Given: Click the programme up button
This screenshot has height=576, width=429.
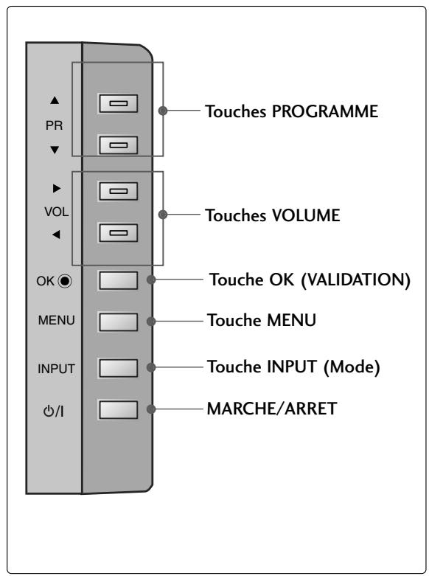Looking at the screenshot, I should (x=118, y=105).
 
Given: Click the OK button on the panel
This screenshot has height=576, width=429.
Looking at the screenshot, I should (x=118, y=280).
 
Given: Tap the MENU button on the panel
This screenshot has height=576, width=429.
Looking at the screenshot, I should (x=118, y=322).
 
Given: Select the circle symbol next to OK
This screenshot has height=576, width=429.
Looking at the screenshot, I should (x=66, y=280).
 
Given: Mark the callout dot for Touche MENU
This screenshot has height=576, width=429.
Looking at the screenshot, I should (x=151, y=322).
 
